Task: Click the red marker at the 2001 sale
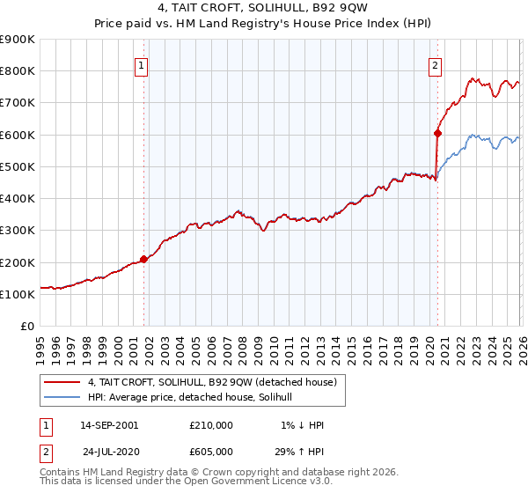pyautogui.click(x=144, y=259)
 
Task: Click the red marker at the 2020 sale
pyautogui.click(x=436, y=134)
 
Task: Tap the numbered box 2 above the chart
pyautogui.click(x=435, y=63)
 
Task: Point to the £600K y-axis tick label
pyautogui.click(x=18, y=135)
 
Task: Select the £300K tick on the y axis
pyautogui.click(x=18, y=231)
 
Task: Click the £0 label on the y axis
pyautogui.click(x=27, y=327)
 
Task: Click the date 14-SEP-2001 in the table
pyautogui.click(x=109, y=425)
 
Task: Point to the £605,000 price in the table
pyautogui.click(x=210, y=451)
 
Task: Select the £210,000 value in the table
pyautogui.click(x=210, y=425)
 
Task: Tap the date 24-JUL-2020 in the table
pyautogui.click(x=109, y=451)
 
